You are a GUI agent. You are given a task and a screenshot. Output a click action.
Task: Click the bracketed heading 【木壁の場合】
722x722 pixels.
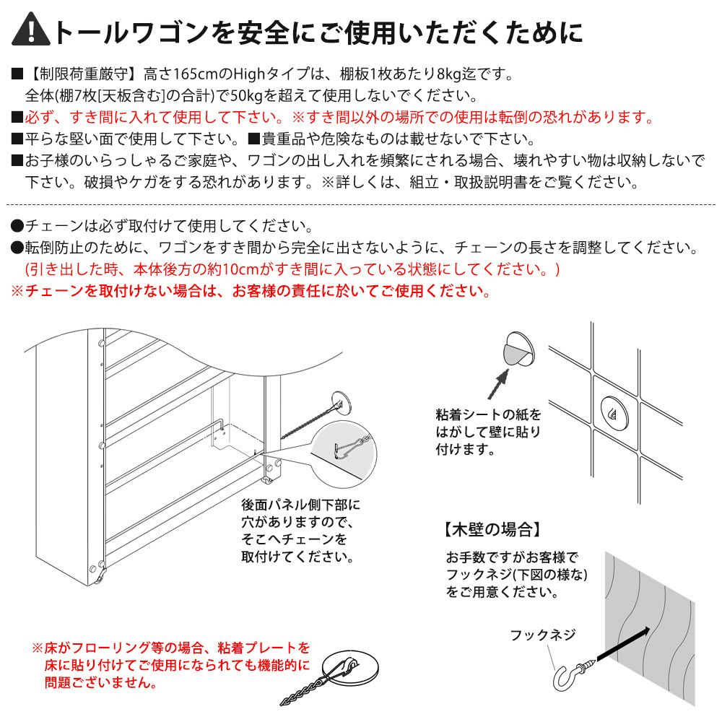(x=492, y=529)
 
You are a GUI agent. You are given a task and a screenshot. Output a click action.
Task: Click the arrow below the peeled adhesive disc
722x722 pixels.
(x=498, y=384)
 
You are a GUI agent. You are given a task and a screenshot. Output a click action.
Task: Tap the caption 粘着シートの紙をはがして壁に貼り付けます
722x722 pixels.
(x=488, y=432)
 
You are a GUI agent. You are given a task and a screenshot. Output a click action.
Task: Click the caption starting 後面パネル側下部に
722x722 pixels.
(x=300, y=531)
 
